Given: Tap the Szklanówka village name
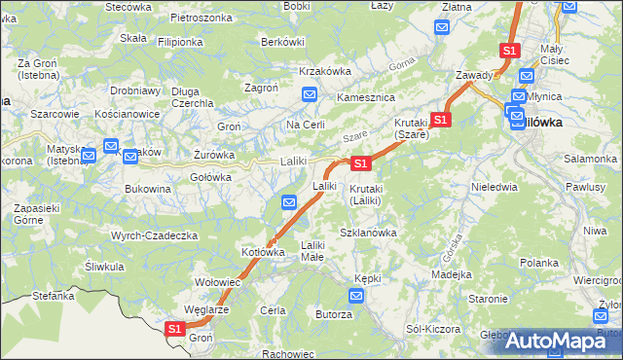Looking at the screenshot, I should point(368,233).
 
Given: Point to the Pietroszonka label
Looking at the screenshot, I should point(201,18).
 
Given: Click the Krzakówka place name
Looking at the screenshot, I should point(325,71).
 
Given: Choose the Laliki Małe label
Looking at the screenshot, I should point(311,251).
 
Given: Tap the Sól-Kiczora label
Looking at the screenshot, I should point(433,329).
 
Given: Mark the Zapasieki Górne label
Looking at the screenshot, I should point(36,214).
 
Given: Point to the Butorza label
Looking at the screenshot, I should point(333,314).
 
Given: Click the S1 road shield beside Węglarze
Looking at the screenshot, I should point(174,330).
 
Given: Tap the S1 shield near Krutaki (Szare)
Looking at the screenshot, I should point(441,120).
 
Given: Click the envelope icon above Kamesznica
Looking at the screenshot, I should point(310,94).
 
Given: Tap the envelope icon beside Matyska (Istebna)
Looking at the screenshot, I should point(89,154).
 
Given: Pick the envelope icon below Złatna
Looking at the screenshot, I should point(442,26).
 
